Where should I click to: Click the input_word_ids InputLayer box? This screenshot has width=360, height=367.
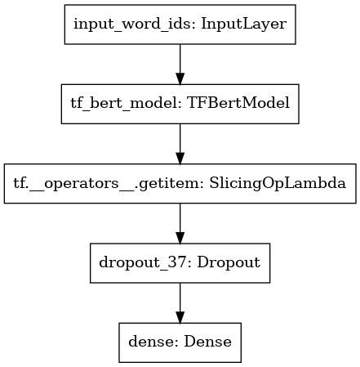tap(180, 25)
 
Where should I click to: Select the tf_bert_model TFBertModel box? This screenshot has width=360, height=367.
tap(180, 104)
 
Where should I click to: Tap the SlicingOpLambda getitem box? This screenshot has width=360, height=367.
tap(180, 183)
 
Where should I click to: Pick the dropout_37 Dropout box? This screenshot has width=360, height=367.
tap(180, 263)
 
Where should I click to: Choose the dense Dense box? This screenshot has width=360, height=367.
tap(180, 342)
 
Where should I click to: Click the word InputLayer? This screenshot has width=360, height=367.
tap(244, 25)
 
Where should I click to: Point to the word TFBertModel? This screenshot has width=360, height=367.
tap(238, 103)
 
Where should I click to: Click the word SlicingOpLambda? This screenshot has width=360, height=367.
tap(278, 183)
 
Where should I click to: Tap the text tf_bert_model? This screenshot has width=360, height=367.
tap(126, 104)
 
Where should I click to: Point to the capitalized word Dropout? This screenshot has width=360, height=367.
tap(229, 263)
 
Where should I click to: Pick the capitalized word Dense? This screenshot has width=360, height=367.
tap(208, 342)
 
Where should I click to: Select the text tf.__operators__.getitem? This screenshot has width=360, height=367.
tap(109, 183)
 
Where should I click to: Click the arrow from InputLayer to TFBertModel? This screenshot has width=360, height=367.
tap(180, 65)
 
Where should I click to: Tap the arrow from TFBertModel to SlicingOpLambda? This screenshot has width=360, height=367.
tap(180, 144)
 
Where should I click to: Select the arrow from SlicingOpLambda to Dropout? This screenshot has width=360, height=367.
tap(180, 223)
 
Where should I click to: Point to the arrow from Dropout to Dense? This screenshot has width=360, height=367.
tap(180, 303)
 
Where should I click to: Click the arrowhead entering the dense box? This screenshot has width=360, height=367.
tap(180, 317)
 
